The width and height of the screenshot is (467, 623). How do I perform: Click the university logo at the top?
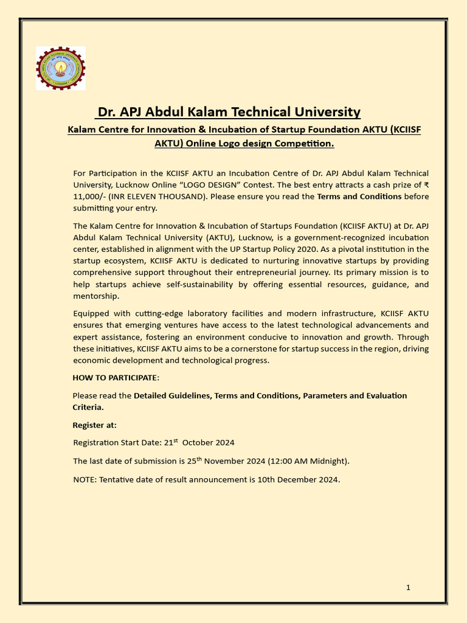[60, 68]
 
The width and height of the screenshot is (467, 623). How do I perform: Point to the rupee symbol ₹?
[426, 185]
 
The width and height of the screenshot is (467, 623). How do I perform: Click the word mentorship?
[96, 296]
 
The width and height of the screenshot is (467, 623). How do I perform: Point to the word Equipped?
[91, 313]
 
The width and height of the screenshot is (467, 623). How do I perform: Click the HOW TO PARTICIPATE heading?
[116, 378]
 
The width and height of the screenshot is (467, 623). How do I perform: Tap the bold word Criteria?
[88, 407]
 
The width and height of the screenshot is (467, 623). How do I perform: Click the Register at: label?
[95, 425]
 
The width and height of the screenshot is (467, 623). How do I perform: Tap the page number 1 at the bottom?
[408, 587]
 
